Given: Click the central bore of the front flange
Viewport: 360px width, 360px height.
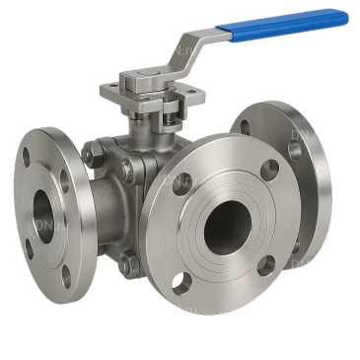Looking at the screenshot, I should tap(228, 228).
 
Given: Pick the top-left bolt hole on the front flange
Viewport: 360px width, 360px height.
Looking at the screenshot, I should tap(182, 183).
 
